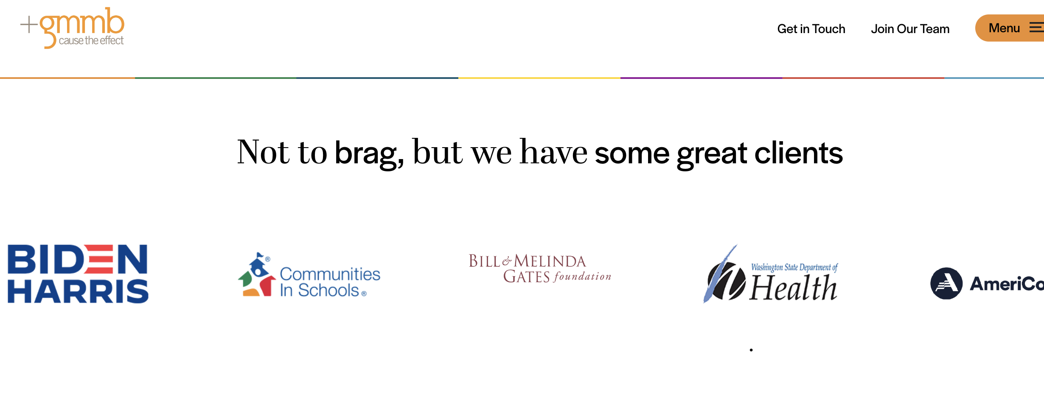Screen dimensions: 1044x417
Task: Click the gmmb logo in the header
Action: (x=73, y=28)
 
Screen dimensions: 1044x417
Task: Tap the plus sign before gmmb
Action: (x=29, y=24)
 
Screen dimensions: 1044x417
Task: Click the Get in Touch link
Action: (x=811, y=29)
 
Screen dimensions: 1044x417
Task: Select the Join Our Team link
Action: (x=910, y=29)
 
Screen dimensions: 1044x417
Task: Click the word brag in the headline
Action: (x=369, y=154)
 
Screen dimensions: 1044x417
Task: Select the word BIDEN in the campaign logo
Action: (x=78, y=259)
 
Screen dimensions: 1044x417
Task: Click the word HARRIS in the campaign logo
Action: (x=78, y=291)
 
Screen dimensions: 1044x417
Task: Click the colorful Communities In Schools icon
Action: (x=257, y=275)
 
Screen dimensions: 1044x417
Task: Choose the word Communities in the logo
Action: (x=330, y=274)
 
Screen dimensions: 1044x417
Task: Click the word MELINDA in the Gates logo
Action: (x=550, y=261)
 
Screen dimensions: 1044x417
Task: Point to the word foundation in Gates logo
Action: (x=582, y=277)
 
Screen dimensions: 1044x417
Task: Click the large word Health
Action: (x=793, y=288)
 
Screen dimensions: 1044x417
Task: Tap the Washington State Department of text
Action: (x=794, y=267)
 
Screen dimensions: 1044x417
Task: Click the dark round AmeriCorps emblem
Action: (x=946, y=283)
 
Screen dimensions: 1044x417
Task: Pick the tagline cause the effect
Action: (x=91, y=41)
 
